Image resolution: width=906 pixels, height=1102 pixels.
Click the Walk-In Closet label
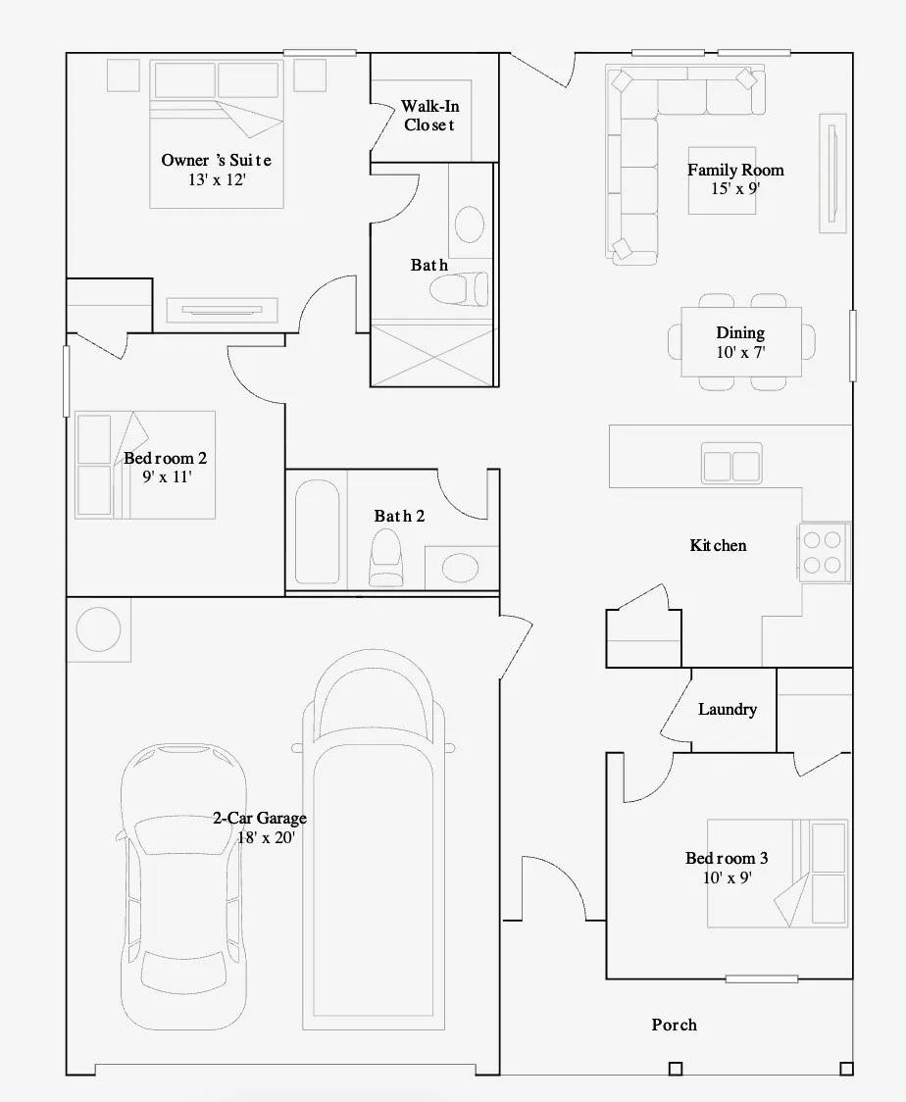click(430, 116)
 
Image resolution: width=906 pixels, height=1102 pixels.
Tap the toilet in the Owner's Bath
click(459, 289)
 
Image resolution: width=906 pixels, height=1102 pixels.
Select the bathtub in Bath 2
click(317, 531)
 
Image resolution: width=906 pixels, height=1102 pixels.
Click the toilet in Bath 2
click(386, 557)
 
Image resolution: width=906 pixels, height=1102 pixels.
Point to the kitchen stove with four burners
click(823, 552)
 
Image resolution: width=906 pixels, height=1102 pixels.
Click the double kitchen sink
click(731, 464)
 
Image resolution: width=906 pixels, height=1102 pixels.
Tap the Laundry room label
click(728, 709)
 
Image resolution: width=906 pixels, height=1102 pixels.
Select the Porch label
click(674, 1025)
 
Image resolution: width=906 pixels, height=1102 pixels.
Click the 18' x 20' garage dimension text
click(266, 837)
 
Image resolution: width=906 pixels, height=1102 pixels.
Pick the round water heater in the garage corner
click(98, 629)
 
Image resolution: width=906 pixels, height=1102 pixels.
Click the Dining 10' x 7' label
click(741, 342)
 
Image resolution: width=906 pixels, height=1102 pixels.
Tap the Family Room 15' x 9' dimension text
click(735, 188)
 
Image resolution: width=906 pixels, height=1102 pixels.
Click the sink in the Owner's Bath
click(470, 225)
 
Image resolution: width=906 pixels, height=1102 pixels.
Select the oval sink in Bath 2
click(461, 567)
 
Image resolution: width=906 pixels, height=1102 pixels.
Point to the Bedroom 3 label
click(727, 858)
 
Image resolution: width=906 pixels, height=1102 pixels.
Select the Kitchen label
click(718, 545)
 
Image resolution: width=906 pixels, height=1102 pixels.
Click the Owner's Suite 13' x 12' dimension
click(217, 180)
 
